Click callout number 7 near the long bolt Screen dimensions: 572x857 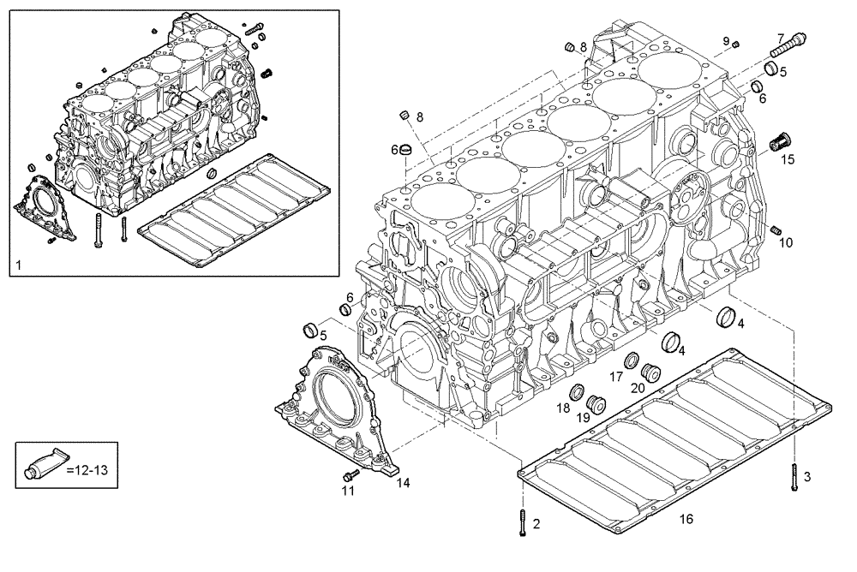[x=781, y=37]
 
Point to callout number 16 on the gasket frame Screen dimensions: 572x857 [x=686, y=519]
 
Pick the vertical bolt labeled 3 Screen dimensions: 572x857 [x=795, y=476]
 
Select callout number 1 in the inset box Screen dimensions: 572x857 [x=18, y=268]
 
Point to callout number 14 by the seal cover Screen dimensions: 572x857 [x=403, y=482]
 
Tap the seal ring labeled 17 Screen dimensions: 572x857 [x=630, y=358]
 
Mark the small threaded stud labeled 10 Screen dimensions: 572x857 [x=776, y=229]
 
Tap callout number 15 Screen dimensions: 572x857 [x=787, y=159]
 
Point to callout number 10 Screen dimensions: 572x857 [x=786, y=242]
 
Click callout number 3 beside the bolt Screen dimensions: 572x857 [x=806, y=475]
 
